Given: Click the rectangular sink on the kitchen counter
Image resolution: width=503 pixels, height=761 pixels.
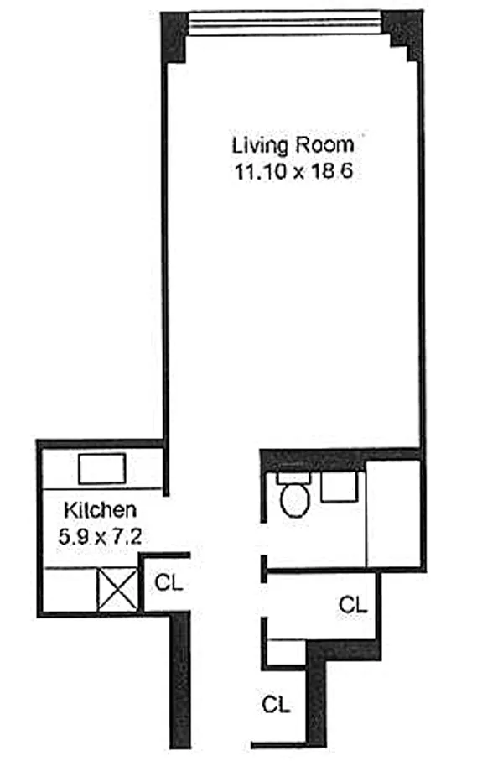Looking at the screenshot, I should coord(101,467).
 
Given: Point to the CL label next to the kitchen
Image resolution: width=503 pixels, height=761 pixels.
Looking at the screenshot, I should coord(168,581).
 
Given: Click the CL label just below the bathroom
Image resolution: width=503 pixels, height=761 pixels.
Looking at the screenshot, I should coord(352,602).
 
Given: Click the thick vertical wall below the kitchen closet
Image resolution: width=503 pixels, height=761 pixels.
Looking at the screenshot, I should coord(179,680).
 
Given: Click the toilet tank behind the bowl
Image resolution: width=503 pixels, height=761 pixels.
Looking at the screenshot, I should coord(293,477).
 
